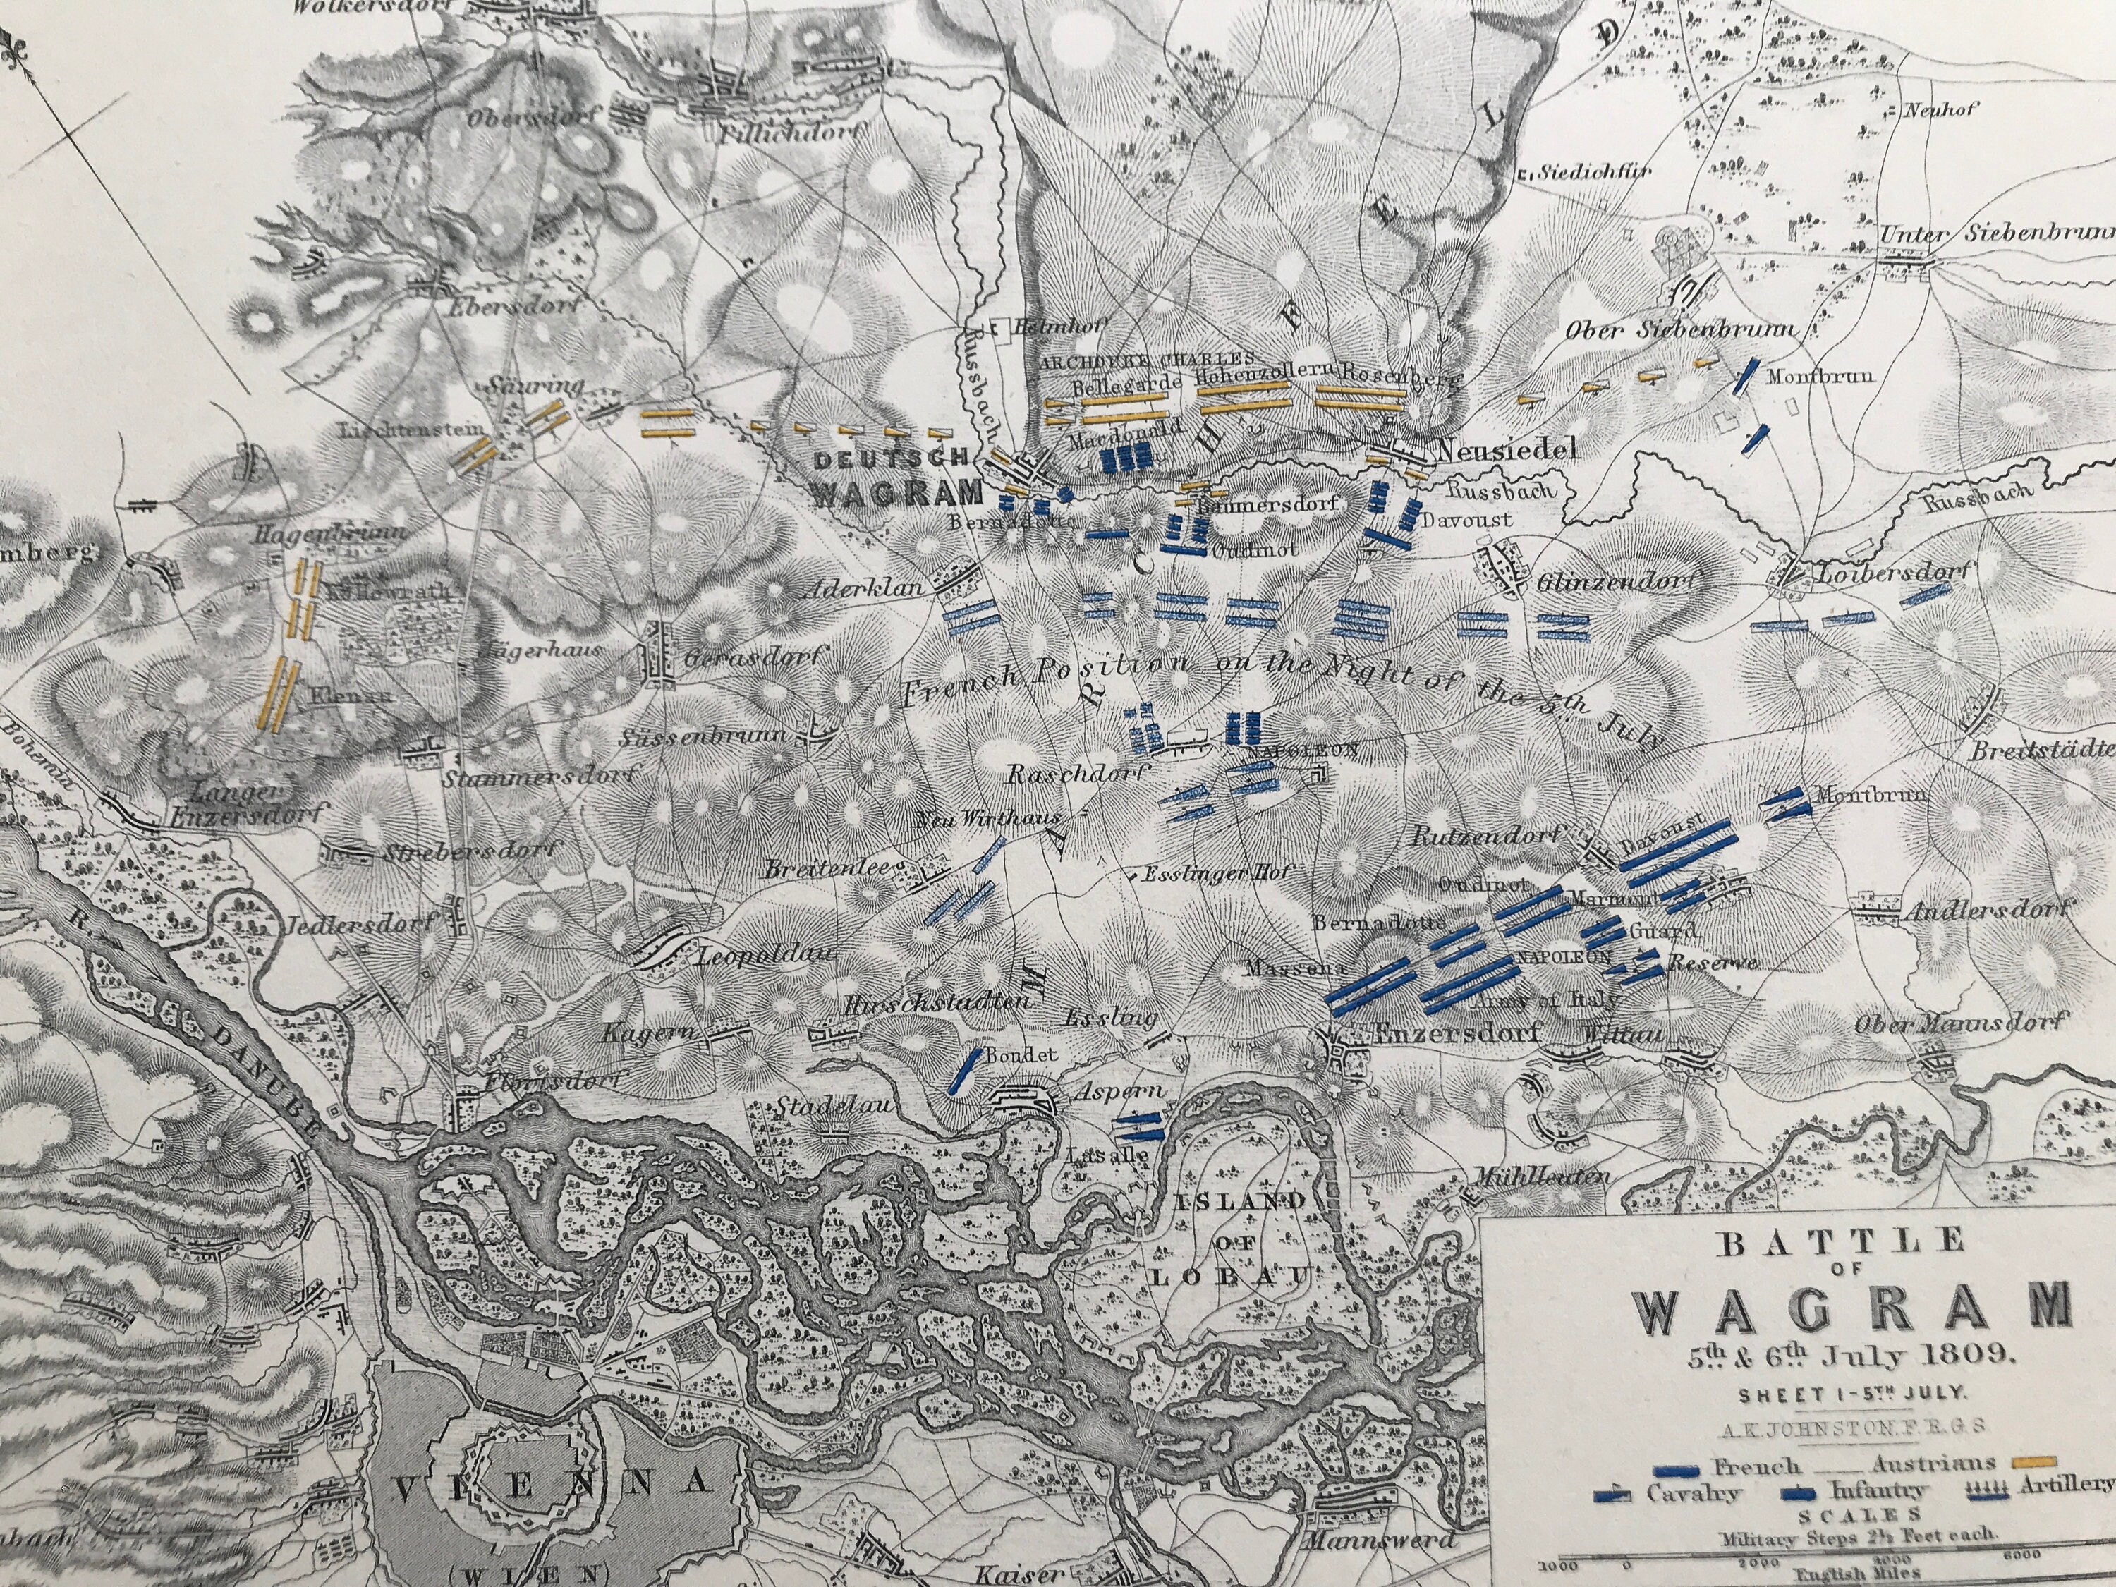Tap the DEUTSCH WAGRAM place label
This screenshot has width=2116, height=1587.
click(897, 475)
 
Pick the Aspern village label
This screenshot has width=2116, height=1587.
click(1108, 1064)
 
